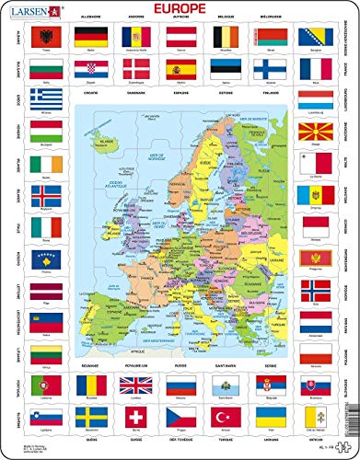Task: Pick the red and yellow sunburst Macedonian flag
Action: click(x=318, y=133)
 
